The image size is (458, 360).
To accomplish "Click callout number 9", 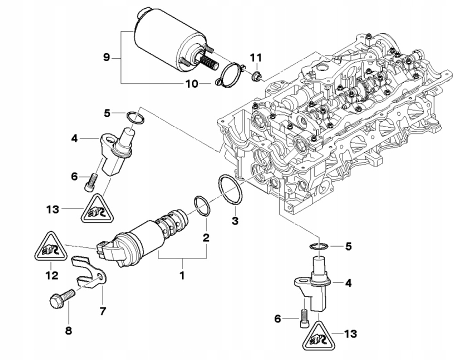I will pos(106,57).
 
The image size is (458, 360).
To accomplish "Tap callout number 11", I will pos(256,58).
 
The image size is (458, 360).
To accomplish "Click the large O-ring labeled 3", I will pos(231,188).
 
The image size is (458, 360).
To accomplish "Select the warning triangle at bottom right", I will pos(318,336).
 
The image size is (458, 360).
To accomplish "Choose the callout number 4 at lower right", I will pos(348,283).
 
